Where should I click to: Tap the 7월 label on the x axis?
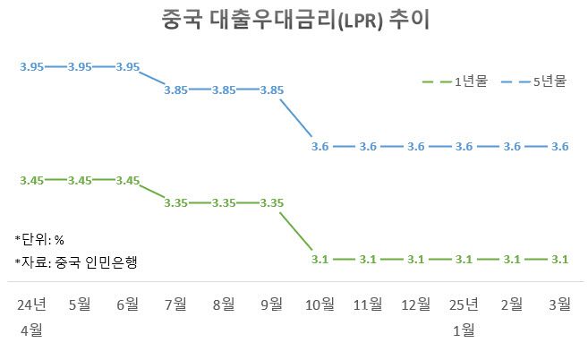(176, 304)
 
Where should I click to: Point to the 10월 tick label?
(320, 304)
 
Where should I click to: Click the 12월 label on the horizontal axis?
(416, 304)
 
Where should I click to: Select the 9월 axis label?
(272, 304)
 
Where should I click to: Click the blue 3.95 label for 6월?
(128, 66)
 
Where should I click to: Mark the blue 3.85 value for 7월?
(176, 90)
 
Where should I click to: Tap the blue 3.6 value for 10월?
(320, 146)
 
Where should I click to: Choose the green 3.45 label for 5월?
(81, 180)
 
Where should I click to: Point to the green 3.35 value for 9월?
(272, 203)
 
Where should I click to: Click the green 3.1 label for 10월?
(320, 260)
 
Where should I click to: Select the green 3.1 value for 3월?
(560, 260)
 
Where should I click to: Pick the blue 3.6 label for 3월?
(560, 146)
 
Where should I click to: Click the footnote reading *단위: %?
(41, 239)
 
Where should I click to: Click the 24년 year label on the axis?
(32, 304)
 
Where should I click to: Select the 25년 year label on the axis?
(464, 304)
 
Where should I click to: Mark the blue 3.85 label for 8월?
(224, 90)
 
